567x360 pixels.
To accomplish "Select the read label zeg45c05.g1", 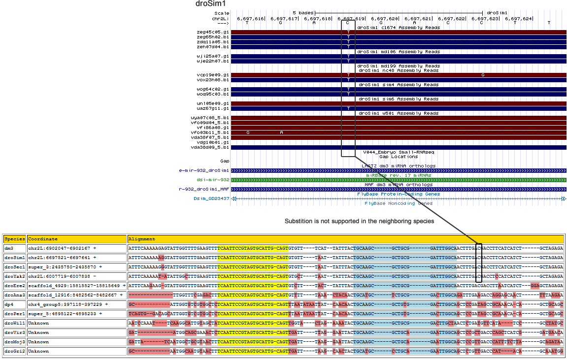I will (212, 33).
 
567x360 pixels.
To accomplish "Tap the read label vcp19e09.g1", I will (212, 75).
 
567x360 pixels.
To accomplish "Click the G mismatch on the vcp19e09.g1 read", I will (483, 75).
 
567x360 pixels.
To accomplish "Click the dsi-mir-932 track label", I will (213, 180).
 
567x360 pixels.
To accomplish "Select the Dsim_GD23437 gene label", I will (211, 199).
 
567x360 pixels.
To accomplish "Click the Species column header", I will (14, 239).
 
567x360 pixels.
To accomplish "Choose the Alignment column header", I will (142, 239).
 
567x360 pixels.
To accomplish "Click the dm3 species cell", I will (9, 248).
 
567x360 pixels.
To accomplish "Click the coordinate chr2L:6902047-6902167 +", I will (62, 248).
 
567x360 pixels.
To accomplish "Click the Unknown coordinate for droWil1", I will (38, 323).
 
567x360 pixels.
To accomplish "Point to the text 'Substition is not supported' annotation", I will (359, 222).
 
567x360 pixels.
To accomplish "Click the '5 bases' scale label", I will (302, 12).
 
